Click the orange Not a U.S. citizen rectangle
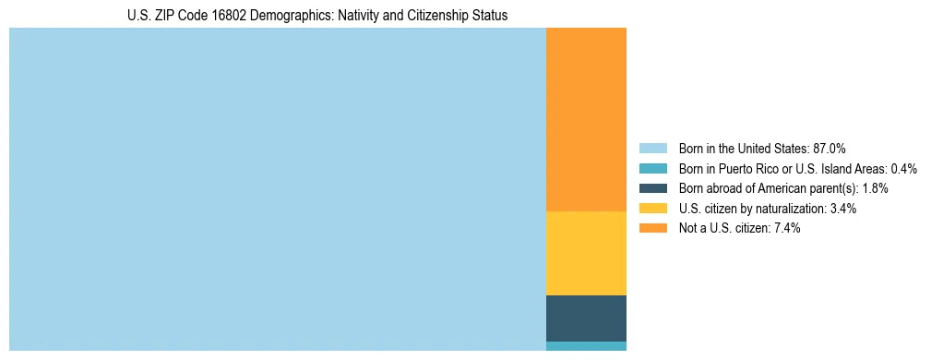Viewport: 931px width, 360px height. (586, 120)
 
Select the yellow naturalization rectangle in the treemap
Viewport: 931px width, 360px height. (586, 253)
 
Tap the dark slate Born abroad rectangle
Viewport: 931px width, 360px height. (586, 318)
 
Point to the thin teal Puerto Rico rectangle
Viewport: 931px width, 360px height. (586, 346)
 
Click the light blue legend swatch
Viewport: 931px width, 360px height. (652, 148)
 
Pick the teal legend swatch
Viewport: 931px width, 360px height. (652, 168)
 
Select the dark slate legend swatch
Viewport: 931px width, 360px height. (652, 188)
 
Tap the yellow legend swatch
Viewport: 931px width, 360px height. (652, 209)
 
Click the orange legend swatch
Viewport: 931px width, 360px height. (652, 228)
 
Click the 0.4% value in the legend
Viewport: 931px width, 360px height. (904, 168)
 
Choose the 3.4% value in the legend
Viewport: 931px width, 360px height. (843, 209)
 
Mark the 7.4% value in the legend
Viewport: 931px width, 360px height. (787, 228)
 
